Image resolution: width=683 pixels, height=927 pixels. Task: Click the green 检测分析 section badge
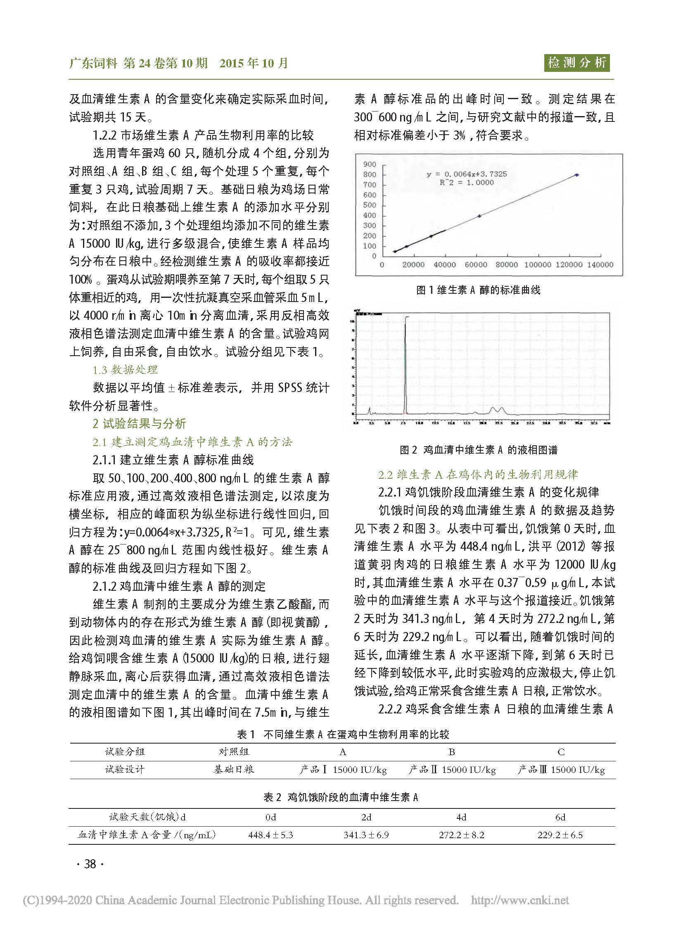(577, 63)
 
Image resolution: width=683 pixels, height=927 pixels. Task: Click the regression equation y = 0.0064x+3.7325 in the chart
(466, 174)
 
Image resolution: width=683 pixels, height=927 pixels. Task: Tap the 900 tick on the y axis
(370, 164)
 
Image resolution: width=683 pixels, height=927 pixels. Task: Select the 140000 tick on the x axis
(600, 265)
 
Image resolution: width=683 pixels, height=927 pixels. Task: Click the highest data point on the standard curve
(577, 175)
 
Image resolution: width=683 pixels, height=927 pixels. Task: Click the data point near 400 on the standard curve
(479, 216)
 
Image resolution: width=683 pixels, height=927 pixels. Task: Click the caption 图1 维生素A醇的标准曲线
(478, 290)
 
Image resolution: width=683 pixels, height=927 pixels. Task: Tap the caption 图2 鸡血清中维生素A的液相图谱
(478, 449)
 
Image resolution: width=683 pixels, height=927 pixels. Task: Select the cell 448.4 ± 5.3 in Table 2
(270, 835)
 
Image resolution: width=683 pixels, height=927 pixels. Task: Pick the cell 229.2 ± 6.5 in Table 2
(560, 835)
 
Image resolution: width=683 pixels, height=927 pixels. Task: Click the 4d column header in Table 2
(461, 817)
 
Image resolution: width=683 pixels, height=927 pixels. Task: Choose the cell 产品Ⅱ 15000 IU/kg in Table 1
(452, 770)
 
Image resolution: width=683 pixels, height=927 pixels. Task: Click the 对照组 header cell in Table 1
(234, 751)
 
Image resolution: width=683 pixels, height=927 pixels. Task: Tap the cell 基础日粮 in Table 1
(234, 770)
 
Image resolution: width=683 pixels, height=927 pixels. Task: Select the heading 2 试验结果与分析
(139, 423)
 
